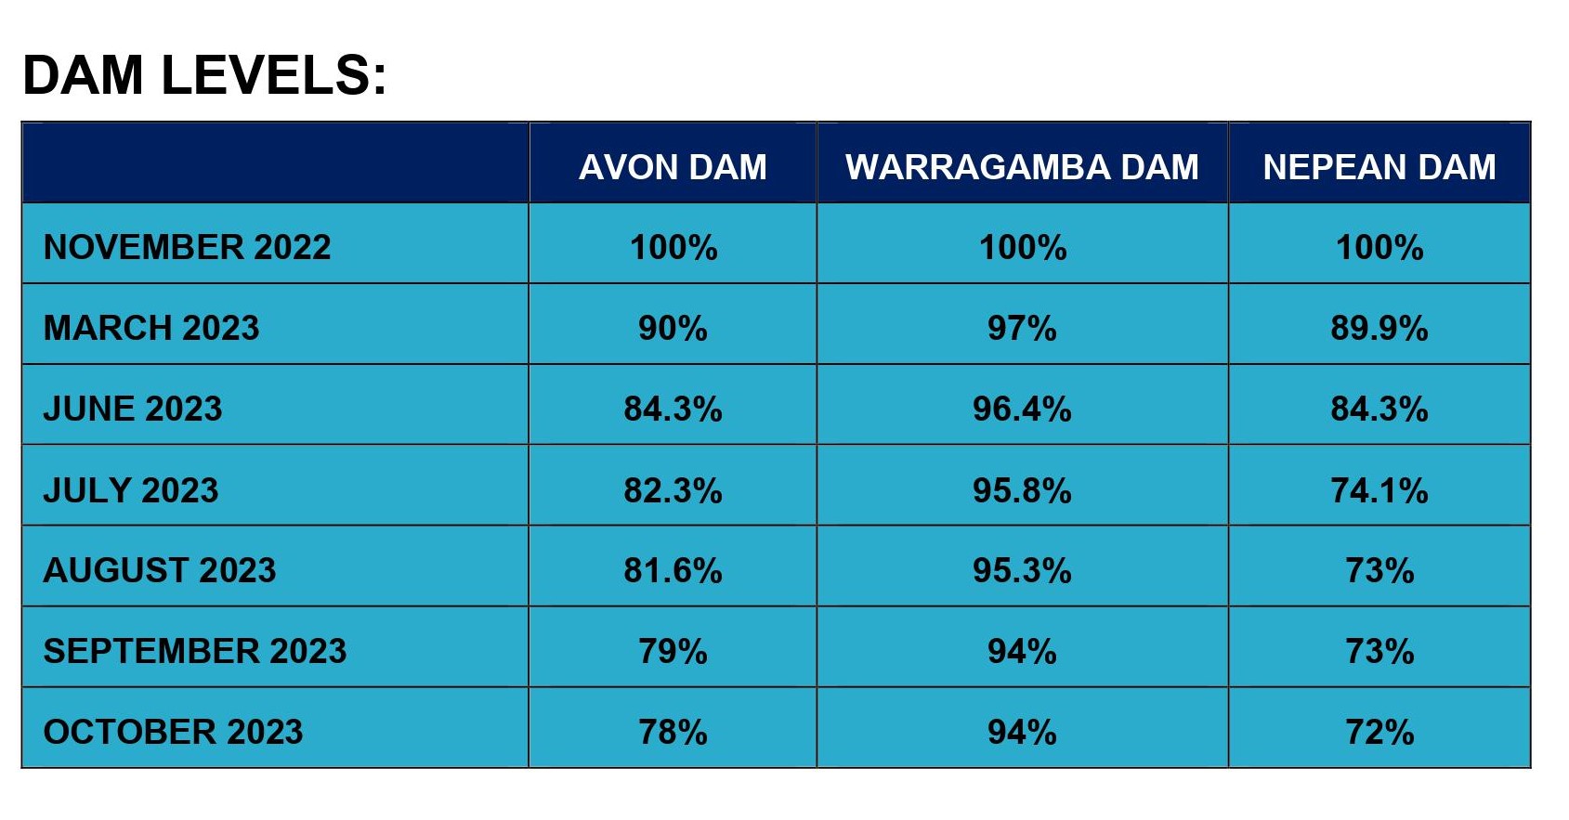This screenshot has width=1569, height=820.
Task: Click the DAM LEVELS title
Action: click(204, 75)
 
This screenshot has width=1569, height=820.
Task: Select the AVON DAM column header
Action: click(673, 167)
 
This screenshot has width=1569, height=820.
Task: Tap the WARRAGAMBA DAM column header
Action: click(1022, 167)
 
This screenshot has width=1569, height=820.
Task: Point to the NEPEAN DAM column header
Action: click(1379, 167)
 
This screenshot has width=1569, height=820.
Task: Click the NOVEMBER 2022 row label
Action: click(187, 247)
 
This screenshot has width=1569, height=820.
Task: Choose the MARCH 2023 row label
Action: click(151, 328)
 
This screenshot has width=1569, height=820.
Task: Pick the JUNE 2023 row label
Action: click(133, 409)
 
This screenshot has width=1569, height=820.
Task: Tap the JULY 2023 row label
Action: click(131, 489)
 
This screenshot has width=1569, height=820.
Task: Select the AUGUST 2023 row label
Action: click(160, 570)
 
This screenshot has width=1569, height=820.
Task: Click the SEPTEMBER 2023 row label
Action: click(195, 651)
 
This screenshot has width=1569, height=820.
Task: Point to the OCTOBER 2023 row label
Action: click(173, 732)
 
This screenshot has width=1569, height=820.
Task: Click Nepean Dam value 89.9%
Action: click(1379, 328)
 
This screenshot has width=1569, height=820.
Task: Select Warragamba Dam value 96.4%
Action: click(1022, 409)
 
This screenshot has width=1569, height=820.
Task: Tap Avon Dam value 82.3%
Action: click(673, 489)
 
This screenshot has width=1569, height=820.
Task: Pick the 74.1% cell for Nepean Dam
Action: click(1379, 489)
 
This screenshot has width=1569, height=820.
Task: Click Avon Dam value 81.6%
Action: click(673, 570)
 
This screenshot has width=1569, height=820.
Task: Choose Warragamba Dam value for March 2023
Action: click(1022, 328)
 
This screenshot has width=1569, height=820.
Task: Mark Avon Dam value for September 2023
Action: click(673, 651)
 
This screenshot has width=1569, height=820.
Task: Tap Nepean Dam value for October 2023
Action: click(1379, 732)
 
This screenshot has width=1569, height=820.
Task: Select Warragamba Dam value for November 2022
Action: click(1022, 247)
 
